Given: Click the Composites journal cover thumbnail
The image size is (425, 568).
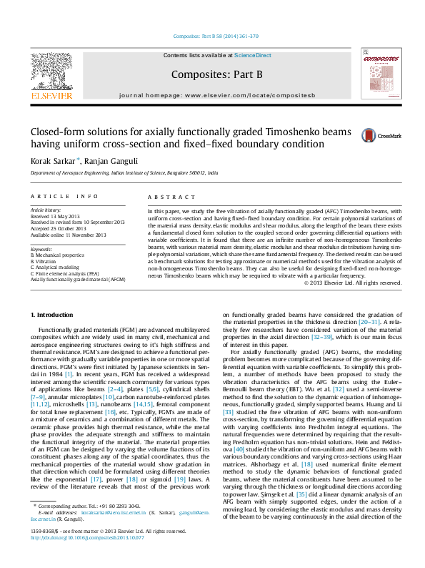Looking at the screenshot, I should (x=378, y=74).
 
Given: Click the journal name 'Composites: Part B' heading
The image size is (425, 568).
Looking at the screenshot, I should (x=212, y=73).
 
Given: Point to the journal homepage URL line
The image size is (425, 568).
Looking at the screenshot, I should (x=212, y=94).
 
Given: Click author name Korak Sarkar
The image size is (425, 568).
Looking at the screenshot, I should (x=53, y=161).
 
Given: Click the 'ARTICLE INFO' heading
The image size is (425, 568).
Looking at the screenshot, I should (x=64, y=196).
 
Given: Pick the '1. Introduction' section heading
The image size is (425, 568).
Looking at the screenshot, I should (x=54, y=315).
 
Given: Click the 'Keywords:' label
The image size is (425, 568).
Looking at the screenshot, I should (x=41, y=248).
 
